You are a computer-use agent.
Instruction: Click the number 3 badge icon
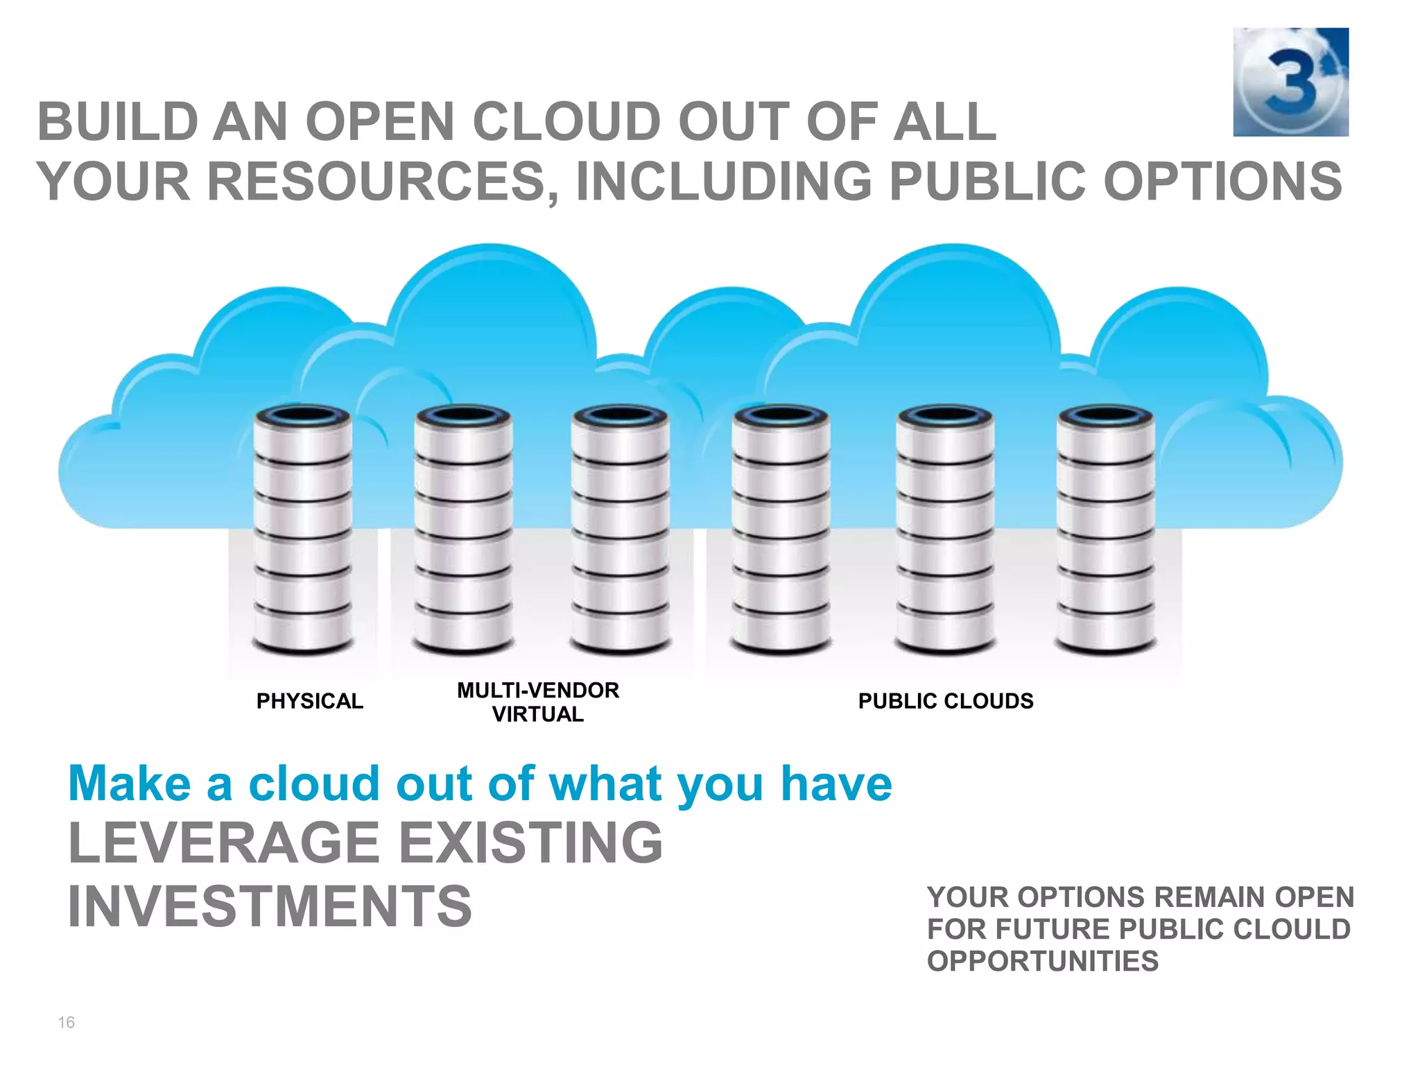1290,82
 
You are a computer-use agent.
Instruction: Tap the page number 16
66,1022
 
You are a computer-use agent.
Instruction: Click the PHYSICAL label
309,701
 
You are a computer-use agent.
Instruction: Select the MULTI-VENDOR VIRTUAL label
537,702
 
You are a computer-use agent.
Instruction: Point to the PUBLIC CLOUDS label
946,701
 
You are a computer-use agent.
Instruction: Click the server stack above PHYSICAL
303,530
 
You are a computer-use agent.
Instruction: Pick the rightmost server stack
1106,530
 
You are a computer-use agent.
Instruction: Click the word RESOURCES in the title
377,182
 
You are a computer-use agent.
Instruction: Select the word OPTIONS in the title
1222,182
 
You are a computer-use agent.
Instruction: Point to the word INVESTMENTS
270,906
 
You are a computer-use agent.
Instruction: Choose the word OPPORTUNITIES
1043,962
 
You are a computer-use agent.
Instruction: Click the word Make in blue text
130,783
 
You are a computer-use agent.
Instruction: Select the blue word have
836,783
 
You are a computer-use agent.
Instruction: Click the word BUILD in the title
118,122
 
